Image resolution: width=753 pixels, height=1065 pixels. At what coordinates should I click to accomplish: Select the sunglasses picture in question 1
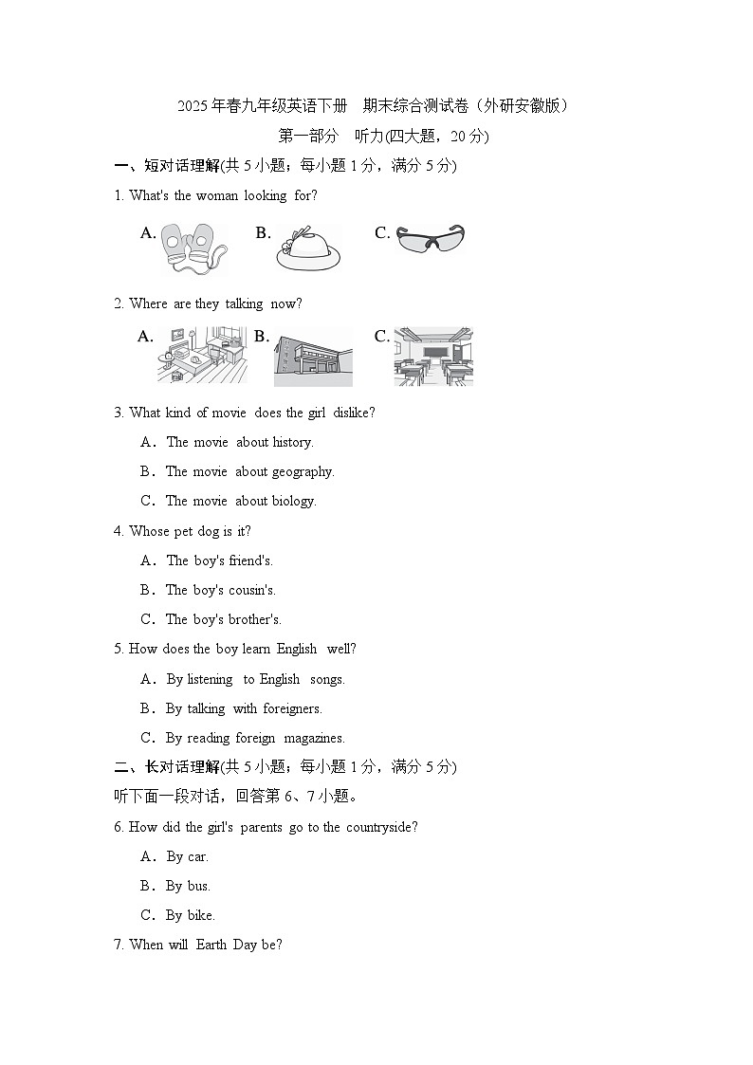click(430, 238)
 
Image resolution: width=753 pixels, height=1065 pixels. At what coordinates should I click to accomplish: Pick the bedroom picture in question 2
click(202, 356)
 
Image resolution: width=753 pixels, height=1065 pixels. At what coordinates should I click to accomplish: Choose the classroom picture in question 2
click(433, 358)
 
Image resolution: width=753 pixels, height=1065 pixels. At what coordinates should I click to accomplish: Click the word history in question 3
click(293, 442)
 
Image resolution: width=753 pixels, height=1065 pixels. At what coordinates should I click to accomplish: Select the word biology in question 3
click(294, 502)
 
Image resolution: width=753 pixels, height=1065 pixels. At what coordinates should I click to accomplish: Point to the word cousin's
click(252, 590)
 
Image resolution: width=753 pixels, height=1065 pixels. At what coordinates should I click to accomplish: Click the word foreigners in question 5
click(292, 708)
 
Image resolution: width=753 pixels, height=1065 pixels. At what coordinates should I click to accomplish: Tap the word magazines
click(314, 739)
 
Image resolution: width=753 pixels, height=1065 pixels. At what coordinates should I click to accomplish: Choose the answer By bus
click(188, 887)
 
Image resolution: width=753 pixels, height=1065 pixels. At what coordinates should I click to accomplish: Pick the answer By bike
click(190, 915)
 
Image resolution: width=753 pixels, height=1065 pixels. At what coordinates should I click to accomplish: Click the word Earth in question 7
click(211, 945)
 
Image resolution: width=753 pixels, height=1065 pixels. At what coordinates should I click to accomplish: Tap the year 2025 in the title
click(193, 106)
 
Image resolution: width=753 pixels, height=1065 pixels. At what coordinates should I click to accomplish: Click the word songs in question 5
click(326, 679)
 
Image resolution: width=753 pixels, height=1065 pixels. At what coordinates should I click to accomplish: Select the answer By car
click(188, 857)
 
